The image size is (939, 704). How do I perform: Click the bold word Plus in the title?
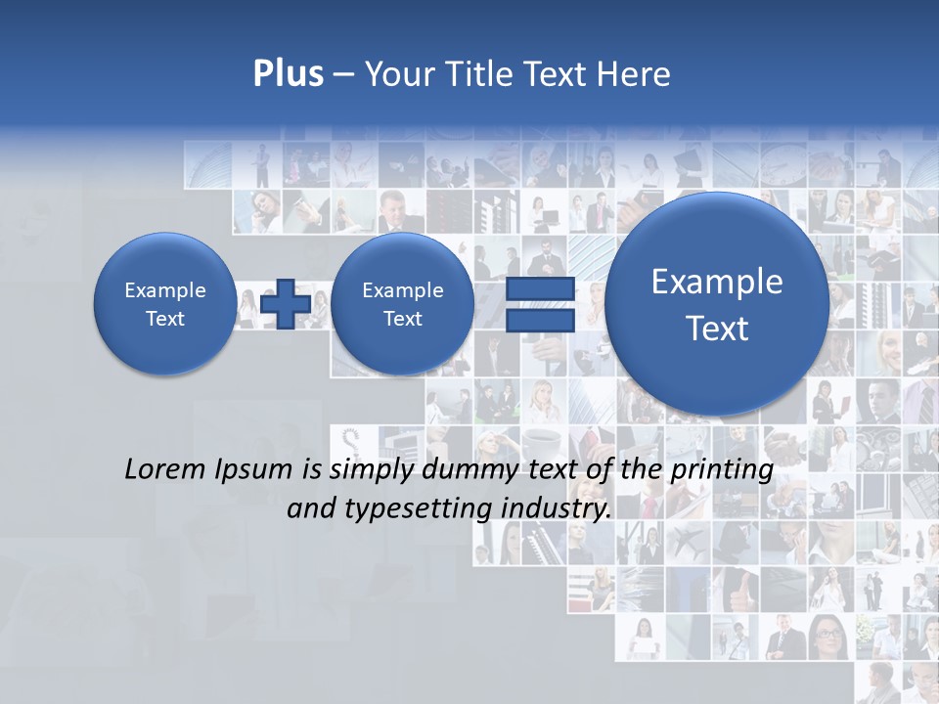288,74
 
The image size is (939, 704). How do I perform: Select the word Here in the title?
636,74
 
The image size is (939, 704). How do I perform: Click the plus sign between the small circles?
286,304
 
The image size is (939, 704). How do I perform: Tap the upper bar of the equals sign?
540,289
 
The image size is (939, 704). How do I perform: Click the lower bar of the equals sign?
540,321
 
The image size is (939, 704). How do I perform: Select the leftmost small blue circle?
164,304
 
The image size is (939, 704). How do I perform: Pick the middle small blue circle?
402,304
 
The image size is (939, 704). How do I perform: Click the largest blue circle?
717,303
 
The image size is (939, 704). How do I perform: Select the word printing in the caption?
722,470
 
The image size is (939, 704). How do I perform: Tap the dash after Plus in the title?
343,74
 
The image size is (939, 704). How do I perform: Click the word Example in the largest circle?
717,282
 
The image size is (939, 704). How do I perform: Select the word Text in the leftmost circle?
164,319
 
